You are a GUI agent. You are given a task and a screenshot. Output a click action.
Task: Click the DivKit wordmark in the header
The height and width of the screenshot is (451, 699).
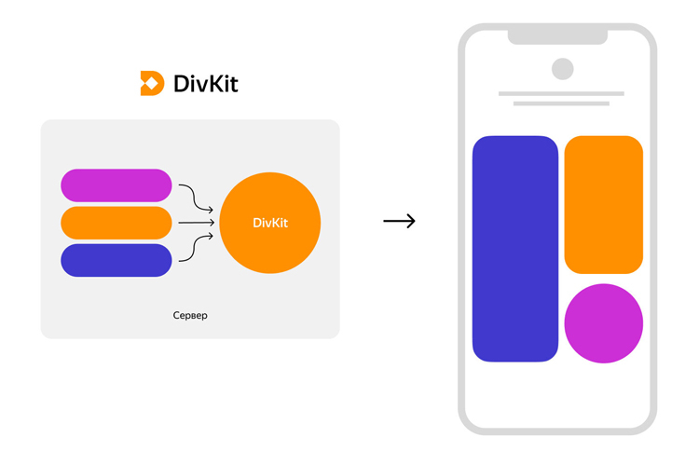pyautogui.click(x=206, y=83)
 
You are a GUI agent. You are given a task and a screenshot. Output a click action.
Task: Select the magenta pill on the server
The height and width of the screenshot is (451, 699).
pyautogui.click(x=116, y=185)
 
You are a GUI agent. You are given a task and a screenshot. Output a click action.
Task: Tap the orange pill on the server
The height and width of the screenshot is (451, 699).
pyautogui.click(x=116, y=223)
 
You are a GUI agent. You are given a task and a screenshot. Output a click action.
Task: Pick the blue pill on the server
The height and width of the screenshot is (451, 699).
pyautogui.click(x=116, y=260)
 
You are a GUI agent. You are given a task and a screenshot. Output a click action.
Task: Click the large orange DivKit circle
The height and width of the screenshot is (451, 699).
pyautogui.click(x=270, y=223)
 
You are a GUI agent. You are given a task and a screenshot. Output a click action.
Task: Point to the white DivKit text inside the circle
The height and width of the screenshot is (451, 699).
pyautogui.click(x=270, y=223)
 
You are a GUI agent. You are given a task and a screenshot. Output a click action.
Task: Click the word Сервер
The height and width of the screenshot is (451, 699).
pyautogui.click(x=190, y=316)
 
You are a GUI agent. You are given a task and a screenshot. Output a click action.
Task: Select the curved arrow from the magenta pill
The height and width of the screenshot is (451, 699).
pyautogui.click(x=196, y=197)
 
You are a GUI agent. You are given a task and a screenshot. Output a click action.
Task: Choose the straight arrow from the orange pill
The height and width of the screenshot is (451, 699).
pyautogui.click(x=196, y=223)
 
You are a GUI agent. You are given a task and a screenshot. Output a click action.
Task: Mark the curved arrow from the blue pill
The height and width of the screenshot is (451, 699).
pyautogui.click(x=196, y=249)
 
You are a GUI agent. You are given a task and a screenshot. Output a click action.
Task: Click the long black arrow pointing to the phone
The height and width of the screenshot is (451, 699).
pyautogui.click(x=399, y=221)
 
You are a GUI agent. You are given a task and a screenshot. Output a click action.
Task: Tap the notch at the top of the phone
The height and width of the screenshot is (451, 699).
pyautogui.click(x=557, y=36)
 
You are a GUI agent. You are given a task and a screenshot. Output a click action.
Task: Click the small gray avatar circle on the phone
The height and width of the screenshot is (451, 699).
pyautogui.click(x=562, y=69)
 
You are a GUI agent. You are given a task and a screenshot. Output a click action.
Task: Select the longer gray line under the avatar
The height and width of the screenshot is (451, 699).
pyautogui.click(x=561, y=93)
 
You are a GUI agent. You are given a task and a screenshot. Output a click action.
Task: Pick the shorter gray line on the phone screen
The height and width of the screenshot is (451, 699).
pyautogui.click(x=561, y=103)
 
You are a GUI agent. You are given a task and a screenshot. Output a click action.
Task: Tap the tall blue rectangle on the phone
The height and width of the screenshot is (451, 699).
pyautogui.click(x=515, y=249)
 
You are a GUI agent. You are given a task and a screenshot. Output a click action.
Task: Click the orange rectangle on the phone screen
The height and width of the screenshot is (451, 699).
pyautogui.click(x=604, y=204)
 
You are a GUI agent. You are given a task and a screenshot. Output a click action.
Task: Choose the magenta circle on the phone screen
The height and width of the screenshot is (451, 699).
pyautogui.click(x=604, y=323)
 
